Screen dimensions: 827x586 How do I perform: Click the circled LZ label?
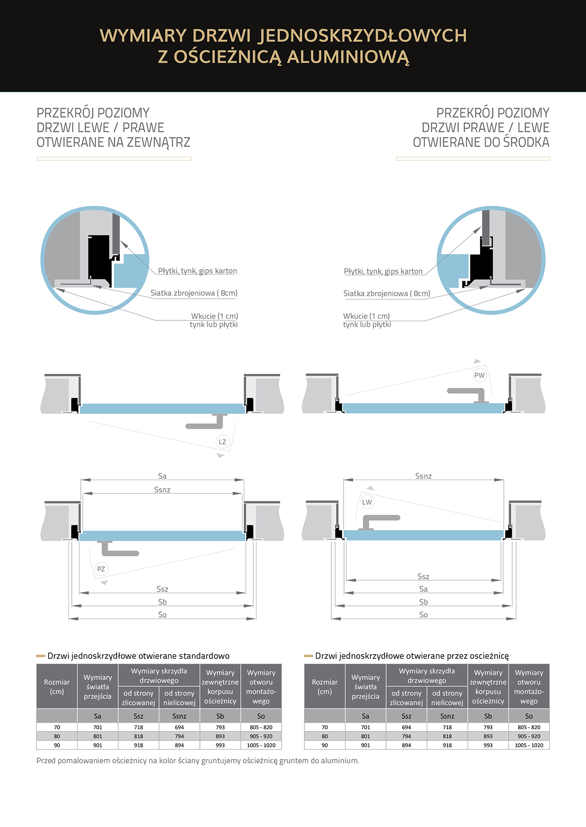pyautogui.click(x=223, y=442)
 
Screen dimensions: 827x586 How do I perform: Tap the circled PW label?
pyautogui.click(x=479, y=375)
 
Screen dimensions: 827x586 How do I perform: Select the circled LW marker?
pyautogui.click(x=367, y=502)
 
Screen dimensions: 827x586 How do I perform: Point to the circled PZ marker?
pyautogui.click(x=101, y=569)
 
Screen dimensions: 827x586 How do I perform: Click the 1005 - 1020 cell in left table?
pyautogui.click(x=261, y=745)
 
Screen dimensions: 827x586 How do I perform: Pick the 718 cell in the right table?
pyautogui.click(x=447, y=727)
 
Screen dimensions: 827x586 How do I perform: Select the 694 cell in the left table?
pyautogui.click(x=179, y=727)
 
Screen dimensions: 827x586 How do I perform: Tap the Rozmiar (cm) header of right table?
pyautogui.click(x=325, y=687)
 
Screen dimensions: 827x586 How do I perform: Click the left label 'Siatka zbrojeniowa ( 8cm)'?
pyautogui.click(x=194, y=293)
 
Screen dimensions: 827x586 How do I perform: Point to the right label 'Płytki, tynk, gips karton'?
pyautogui.click(x=383, y=271)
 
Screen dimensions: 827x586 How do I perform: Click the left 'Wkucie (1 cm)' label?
pyautogui.click(x=215, y=316)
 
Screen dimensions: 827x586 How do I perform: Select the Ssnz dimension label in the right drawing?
pyautogui.click(x=423, y=476)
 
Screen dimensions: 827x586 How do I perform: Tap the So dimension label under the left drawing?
pyautogui.click(x=162, y=615)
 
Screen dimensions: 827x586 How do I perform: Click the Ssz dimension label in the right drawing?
pyautogui.click(x=423, y=577)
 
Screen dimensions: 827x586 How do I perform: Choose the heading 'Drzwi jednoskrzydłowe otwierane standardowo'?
pyautogui.click(x=138, y=656)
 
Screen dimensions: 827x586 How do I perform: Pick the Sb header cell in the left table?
pyautogui.click(x=220, y=716)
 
